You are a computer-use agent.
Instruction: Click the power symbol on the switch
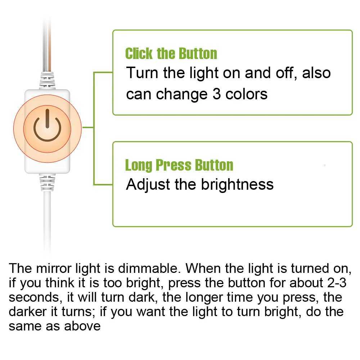tap(47, 128)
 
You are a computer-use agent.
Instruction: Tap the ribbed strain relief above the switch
tap(47, 80)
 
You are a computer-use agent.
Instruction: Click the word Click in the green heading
tap(139, 54)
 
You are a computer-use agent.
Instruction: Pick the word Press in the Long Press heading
tap(174, 165)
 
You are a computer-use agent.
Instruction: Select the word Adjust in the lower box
tap(148, 184)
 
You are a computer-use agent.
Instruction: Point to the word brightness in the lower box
tap(237, 184)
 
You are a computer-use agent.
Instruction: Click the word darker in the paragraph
tap(26, 311)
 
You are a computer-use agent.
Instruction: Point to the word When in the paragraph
tap(204, 268)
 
